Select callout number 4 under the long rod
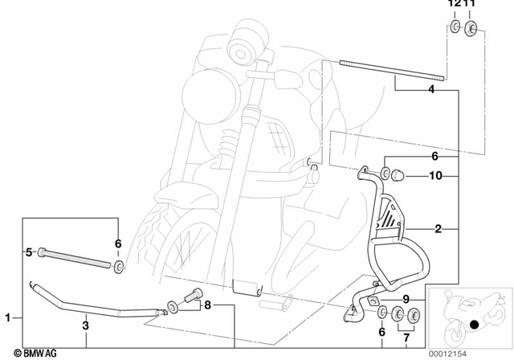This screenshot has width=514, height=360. point(431,91)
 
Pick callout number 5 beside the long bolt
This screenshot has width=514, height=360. point(29,252)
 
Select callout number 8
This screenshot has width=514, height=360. point(206,305)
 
